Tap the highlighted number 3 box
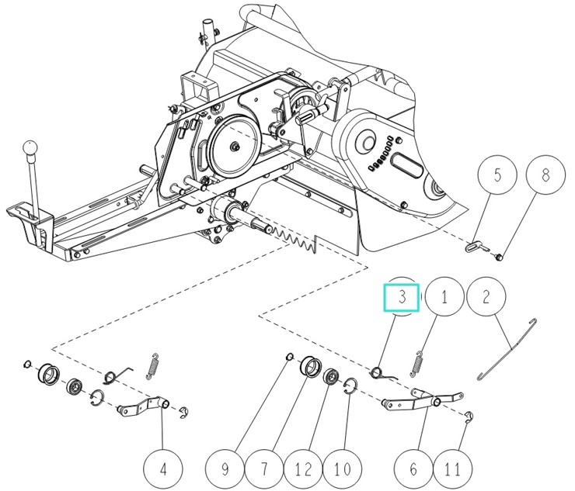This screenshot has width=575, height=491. (x=402, y=297)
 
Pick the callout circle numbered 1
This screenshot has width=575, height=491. (x=444, y=297)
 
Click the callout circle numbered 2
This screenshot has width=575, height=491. (x=486, y=297)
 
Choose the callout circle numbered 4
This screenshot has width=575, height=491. (x=162, y=469)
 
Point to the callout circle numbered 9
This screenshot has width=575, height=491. (x=225, y=469)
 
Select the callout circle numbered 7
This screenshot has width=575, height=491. (x=263, y=469)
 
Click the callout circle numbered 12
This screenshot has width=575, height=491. (x=304, y=469)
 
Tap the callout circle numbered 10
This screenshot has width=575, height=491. (x=343, y=469)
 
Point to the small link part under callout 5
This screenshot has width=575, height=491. (x=472, y=245)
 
